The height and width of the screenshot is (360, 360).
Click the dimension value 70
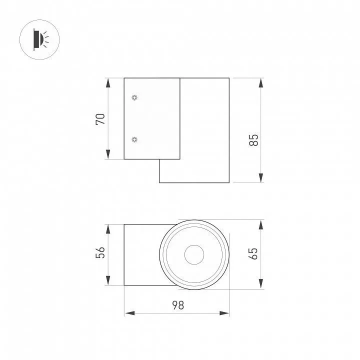point(100,119)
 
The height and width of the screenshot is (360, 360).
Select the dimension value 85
point(253,140)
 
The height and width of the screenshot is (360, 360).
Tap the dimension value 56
point(100,252)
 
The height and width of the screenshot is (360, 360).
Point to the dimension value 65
point(253,253)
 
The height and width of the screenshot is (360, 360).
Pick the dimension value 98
point(178,305)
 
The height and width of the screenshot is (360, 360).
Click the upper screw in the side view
point(134,97)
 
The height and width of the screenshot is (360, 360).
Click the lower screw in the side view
point(134,139)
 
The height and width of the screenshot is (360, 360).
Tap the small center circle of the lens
point(194,254)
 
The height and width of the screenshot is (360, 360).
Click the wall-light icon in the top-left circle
point(41,39)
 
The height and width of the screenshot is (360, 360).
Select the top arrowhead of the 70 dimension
point(108,83)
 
